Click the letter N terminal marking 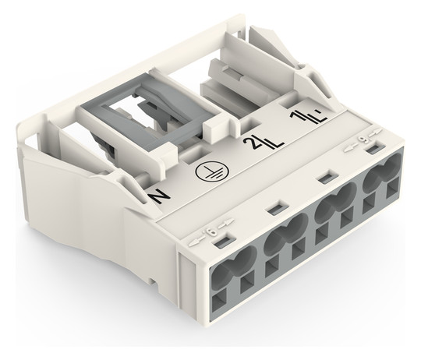[x=160, y=197]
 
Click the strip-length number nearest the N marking [x=211, y=231]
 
